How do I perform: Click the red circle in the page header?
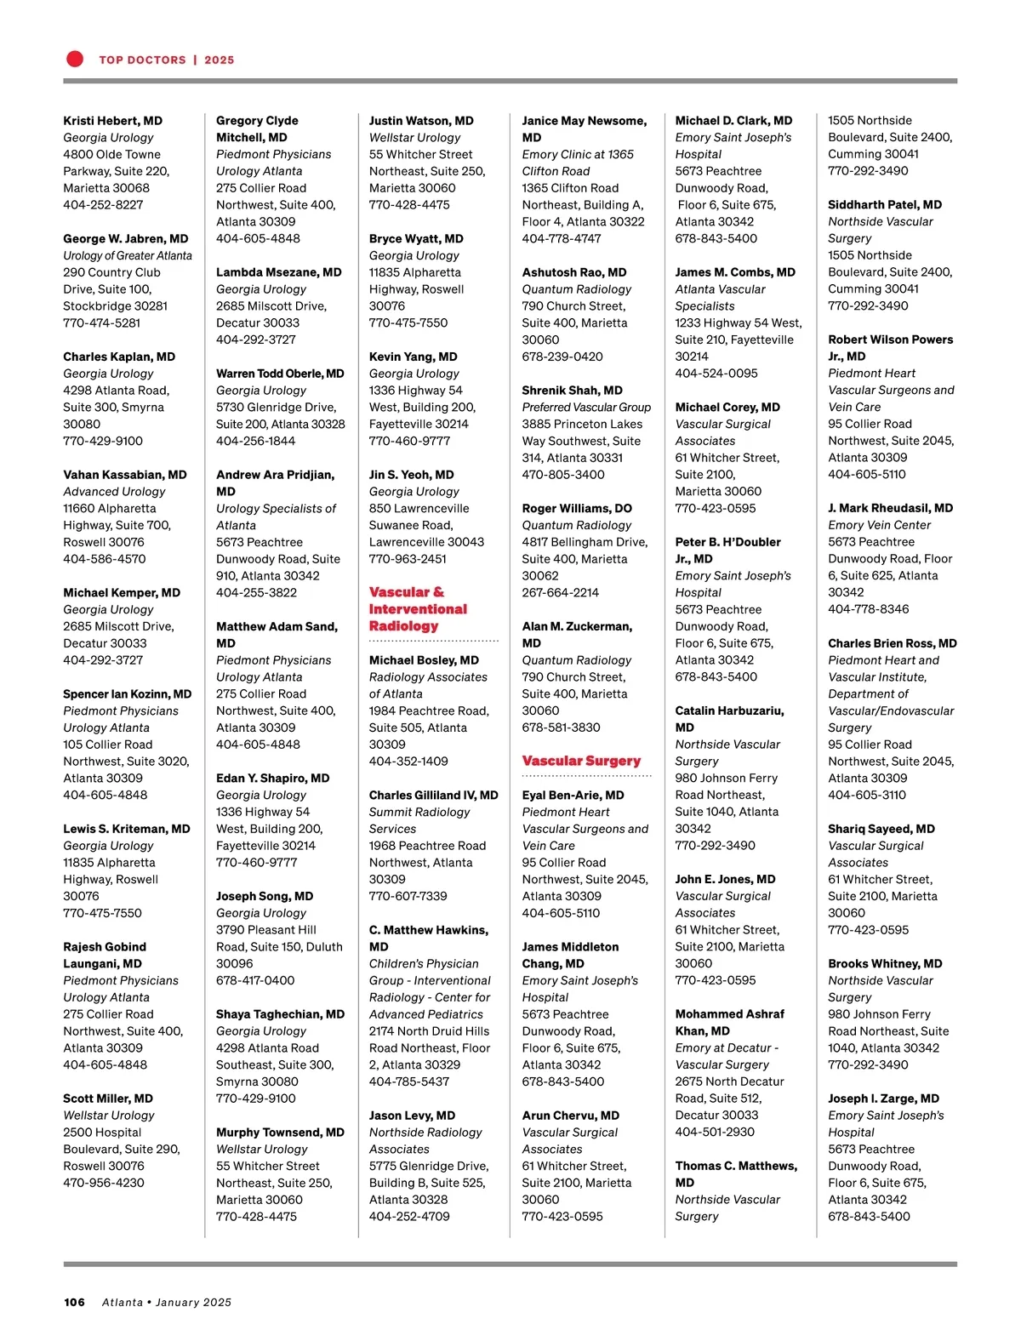click(75, 59)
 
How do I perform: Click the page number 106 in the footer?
click(74, 1302)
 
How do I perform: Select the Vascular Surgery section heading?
click(581, 761)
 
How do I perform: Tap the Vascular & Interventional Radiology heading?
click(418, 609)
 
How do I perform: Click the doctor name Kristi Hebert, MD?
click(112, 121)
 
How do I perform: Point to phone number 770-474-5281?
click(101, 323)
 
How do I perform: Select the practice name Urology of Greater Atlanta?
click(128, 255)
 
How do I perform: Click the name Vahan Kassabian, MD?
click(124, 475)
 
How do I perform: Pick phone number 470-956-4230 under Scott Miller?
click(103, 1183)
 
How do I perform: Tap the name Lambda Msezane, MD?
click(278, 272)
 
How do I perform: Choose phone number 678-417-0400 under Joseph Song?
click(255, 980)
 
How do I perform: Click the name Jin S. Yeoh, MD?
click(411, 475)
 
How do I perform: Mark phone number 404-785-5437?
click(408, 1081)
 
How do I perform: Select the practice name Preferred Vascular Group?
click(586, 408)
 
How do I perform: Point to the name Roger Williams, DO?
click(576, 508)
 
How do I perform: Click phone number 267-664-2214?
click(560, 592)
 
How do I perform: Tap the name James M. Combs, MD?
click(735, 272)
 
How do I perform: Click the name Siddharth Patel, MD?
click(884, 205)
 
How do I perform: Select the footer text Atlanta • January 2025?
click(167, 1302)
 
